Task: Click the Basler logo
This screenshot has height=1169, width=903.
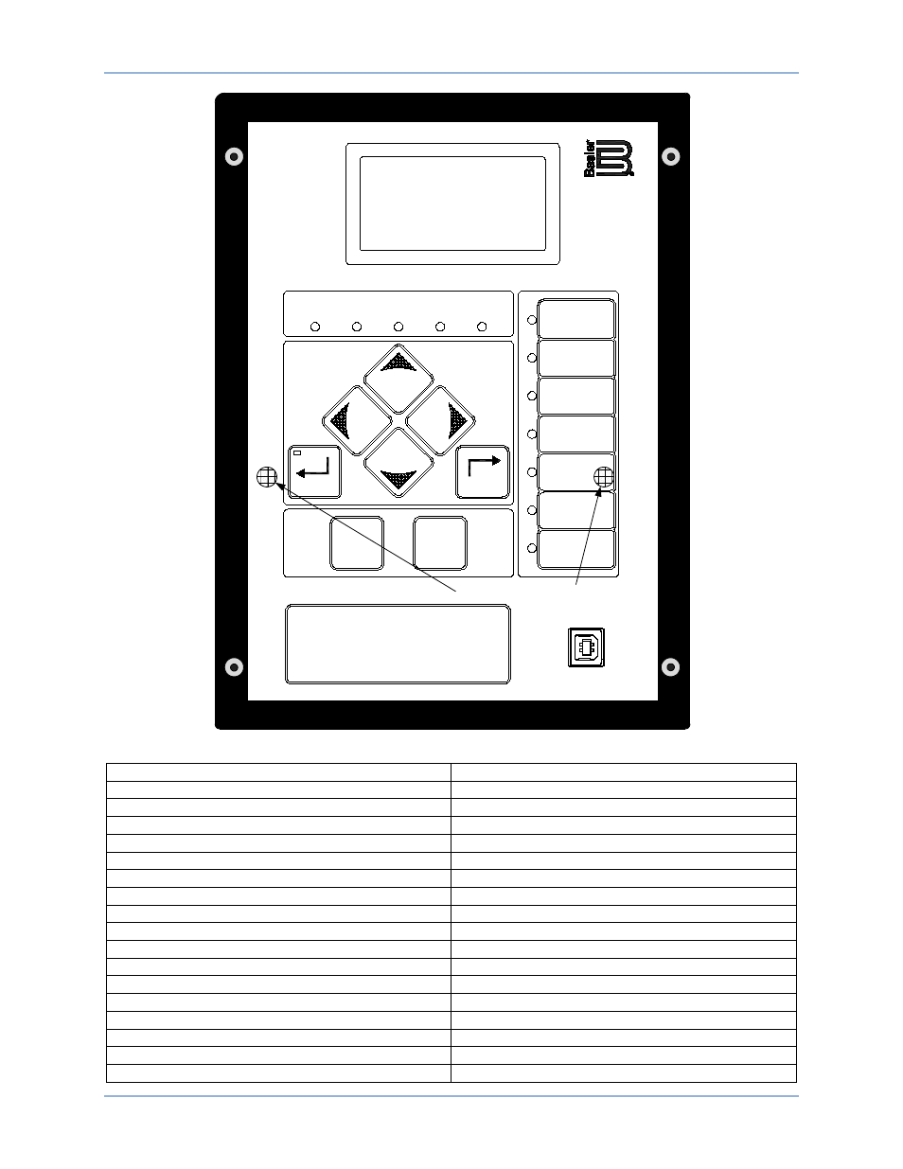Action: tap(609, 158)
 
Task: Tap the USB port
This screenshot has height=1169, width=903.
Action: tap(586, 647)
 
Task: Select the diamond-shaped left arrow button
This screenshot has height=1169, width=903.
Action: tap(357, 420)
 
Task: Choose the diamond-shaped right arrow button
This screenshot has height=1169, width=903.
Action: tap(440, 420)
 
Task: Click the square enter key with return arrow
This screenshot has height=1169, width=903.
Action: tap(314, 471)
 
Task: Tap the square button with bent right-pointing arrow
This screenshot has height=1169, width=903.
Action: tap(483, 471)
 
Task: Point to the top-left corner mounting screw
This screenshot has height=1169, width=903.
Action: tap(234, 156)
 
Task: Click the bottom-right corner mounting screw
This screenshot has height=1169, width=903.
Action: tap(670, 667)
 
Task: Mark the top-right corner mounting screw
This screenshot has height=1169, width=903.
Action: tap(670, 156)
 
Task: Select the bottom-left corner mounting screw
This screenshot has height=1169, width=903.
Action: tap(234, 667)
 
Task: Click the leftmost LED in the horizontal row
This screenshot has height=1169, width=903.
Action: tap(315, 327)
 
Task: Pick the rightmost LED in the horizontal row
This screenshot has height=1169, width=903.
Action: tap(482, 327)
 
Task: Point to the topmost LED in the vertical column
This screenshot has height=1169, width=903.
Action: tap(532, 320)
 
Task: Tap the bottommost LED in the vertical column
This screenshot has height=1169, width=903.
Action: tap(532, 548)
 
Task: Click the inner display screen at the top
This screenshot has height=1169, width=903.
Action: tap(452, 204)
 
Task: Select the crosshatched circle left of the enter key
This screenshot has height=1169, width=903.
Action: tap(267, 477)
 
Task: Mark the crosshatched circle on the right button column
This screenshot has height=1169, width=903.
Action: tap(604, 477)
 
